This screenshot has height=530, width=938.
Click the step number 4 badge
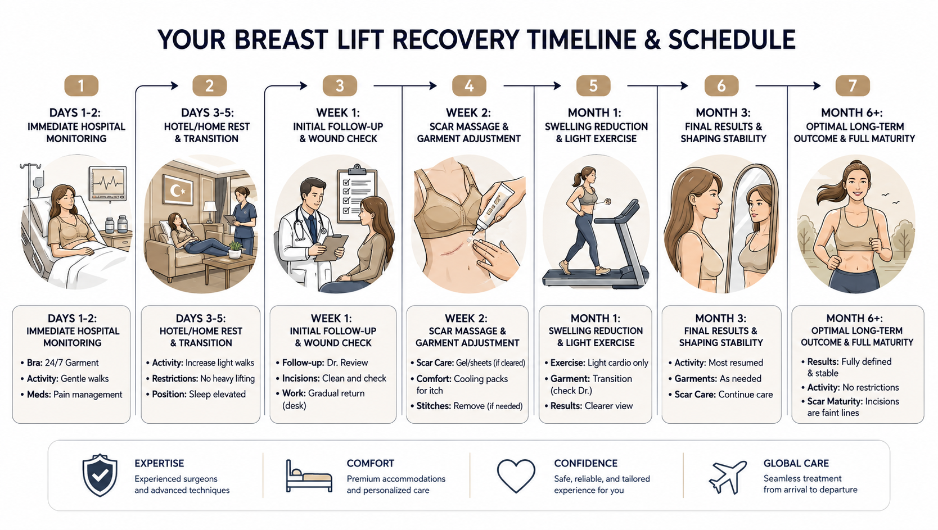469,86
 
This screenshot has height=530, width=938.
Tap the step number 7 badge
853,86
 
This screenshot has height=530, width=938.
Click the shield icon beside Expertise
100,475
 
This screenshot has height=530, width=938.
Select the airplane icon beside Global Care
728,477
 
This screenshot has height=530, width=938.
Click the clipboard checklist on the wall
357,195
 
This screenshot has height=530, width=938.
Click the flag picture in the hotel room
177,190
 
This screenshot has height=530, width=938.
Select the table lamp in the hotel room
210,212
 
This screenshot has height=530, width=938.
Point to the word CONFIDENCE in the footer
585,464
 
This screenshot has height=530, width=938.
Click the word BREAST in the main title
281,40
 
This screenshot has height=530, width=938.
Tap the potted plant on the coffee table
235,250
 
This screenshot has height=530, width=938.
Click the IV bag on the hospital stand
38,183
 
